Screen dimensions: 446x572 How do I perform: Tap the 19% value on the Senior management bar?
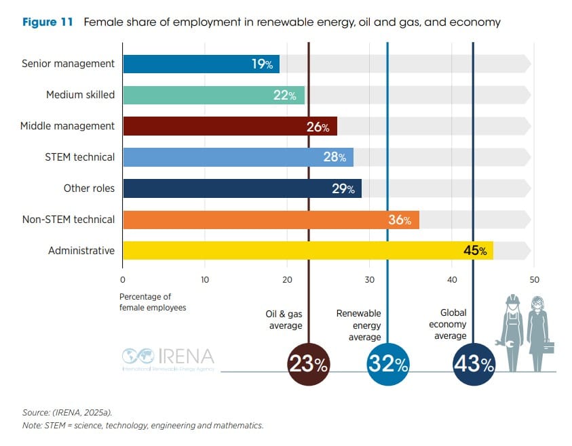tap(262, 64)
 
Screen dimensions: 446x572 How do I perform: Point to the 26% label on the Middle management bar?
tap(318, 127)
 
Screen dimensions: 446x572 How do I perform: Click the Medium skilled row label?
tap(80, 95)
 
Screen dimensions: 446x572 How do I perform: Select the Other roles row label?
tap(89, 188)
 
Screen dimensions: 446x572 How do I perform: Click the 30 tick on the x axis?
tap(369, 280)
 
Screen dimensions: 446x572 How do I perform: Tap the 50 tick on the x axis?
tap(534, 280)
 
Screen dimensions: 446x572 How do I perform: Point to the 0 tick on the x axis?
tap(122, 280)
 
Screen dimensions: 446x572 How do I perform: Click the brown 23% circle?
tap(309, 365)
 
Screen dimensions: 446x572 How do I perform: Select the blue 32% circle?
tap(387, 365)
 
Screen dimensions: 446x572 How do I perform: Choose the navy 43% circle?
tap(474, 365)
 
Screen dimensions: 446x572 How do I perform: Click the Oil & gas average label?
tap(284, 320)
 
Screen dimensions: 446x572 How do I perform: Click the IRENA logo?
tap(168, 357)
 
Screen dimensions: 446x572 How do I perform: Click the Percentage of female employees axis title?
tap(153, 302)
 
